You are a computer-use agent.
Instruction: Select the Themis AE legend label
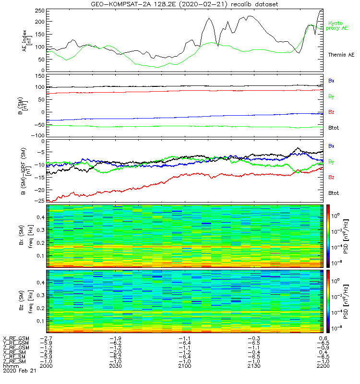coord(341,55)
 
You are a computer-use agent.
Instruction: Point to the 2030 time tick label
coord(115,366)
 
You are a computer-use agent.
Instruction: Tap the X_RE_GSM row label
coord(16,339)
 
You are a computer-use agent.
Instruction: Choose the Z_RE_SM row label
coord(16,360)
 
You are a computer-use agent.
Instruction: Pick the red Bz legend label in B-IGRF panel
coord(331,178)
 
